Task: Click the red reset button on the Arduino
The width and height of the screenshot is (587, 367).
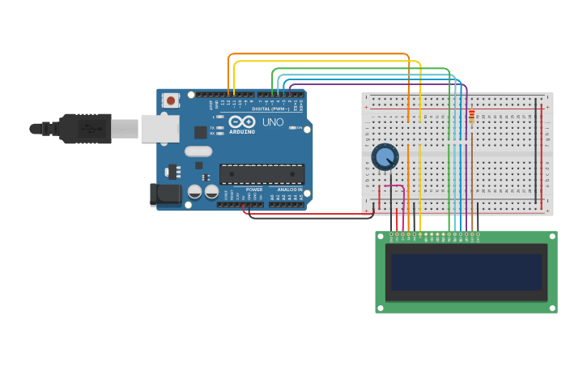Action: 171,100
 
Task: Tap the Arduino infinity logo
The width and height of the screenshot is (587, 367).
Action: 241,122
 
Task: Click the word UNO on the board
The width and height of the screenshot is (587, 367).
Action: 273,122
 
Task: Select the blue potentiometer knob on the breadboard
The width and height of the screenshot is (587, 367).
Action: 385,156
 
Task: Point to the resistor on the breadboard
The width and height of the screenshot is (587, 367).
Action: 472,118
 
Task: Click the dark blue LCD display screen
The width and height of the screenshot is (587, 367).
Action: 466,272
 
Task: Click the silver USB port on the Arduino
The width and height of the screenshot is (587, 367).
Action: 160,128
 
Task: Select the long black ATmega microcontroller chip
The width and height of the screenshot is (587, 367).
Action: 262,174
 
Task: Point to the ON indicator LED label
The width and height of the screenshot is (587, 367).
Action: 299,128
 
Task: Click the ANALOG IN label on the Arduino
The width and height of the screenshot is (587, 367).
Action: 289,190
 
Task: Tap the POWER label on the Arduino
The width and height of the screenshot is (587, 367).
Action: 253,190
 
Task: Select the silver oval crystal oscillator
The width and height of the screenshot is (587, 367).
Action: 198,151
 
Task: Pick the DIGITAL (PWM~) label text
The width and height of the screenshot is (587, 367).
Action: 270,109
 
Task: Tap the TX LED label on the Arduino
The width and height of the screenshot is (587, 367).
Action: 212,127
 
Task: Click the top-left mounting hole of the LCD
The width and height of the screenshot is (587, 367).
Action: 381,237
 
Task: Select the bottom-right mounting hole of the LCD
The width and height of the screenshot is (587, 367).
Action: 552,308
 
